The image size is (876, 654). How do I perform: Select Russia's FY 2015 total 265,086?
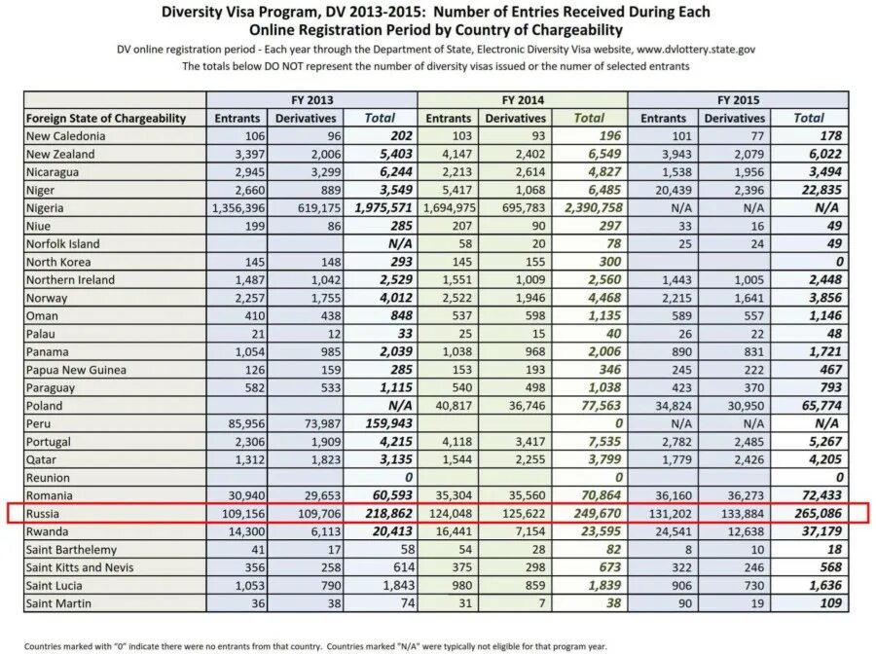pyautogui.click(x=815, y=513)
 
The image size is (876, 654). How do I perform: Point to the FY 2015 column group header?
pyautogui.click(x=738, y=99)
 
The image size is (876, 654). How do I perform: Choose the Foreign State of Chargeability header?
pyautogui.click(x=106, y=118)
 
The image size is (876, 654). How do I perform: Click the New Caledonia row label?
pyautogui.click(x=66, y=136)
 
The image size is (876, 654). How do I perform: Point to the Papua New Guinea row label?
pyautogui.click(x=77, y=370)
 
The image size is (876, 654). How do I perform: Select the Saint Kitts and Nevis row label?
pyautogui.click(x=80, y=567)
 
